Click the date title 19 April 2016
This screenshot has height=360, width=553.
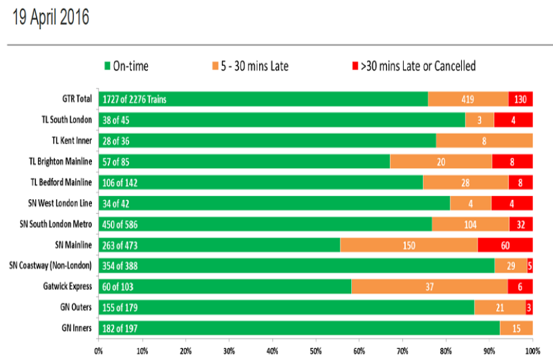click(51, 17)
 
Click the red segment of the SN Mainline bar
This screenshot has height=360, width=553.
click(505, 245)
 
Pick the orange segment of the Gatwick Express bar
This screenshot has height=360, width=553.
click(429, 286)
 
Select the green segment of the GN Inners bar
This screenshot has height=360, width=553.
click(300, 327)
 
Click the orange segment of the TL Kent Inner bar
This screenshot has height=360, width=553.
click(484, 141)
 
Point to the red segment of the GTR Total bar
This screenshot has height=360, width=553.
click(520, 99)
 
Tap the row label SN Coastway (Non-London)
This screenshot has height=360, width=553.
click(51, 265)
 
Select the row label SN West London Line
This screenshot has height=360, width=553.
click(61, 203)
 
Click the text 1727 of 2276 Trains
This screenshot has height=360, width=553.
click(135, 99)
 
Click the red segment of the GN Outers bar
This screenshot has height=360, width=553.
click(529, 307)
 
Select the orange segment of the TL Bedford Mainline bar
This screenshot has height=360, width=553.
click(465, 182)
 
